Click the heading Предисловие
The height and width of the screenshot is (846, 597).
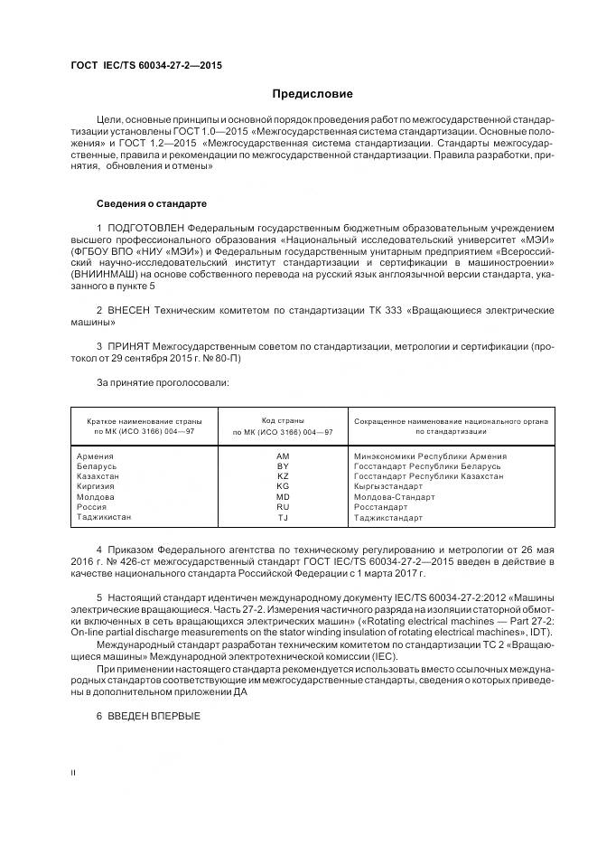click(312, 94)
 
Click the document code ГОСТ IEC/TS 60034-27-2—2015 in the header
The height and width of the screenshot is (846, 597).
click(146, 66)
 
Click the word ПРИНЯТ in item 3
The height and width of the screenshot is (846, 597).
click(130, 346)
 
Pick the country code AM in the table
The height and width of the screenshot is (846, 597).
click(283, 456)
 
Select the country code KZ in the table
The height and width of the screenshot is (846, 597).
click(283, 476)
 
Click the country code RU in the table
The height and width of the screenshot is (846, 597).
click(283, 507)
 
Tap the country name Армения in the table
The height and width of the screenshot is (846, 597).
click(96, 456)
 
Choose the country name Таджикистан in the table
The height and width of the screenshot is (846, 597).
click(106, 518)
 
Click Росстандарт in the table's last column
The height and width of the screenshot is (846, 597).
click(381, 507)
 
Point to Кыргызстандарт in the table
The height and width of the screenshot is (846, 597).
click(388, 486)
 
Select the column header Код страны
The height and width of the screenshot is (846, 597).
click(283, 421)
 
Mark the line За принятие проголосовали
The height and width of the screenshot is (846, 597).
click(163, 382)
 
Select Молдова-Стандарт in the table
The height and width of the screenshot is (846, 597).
click(394, 497)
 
